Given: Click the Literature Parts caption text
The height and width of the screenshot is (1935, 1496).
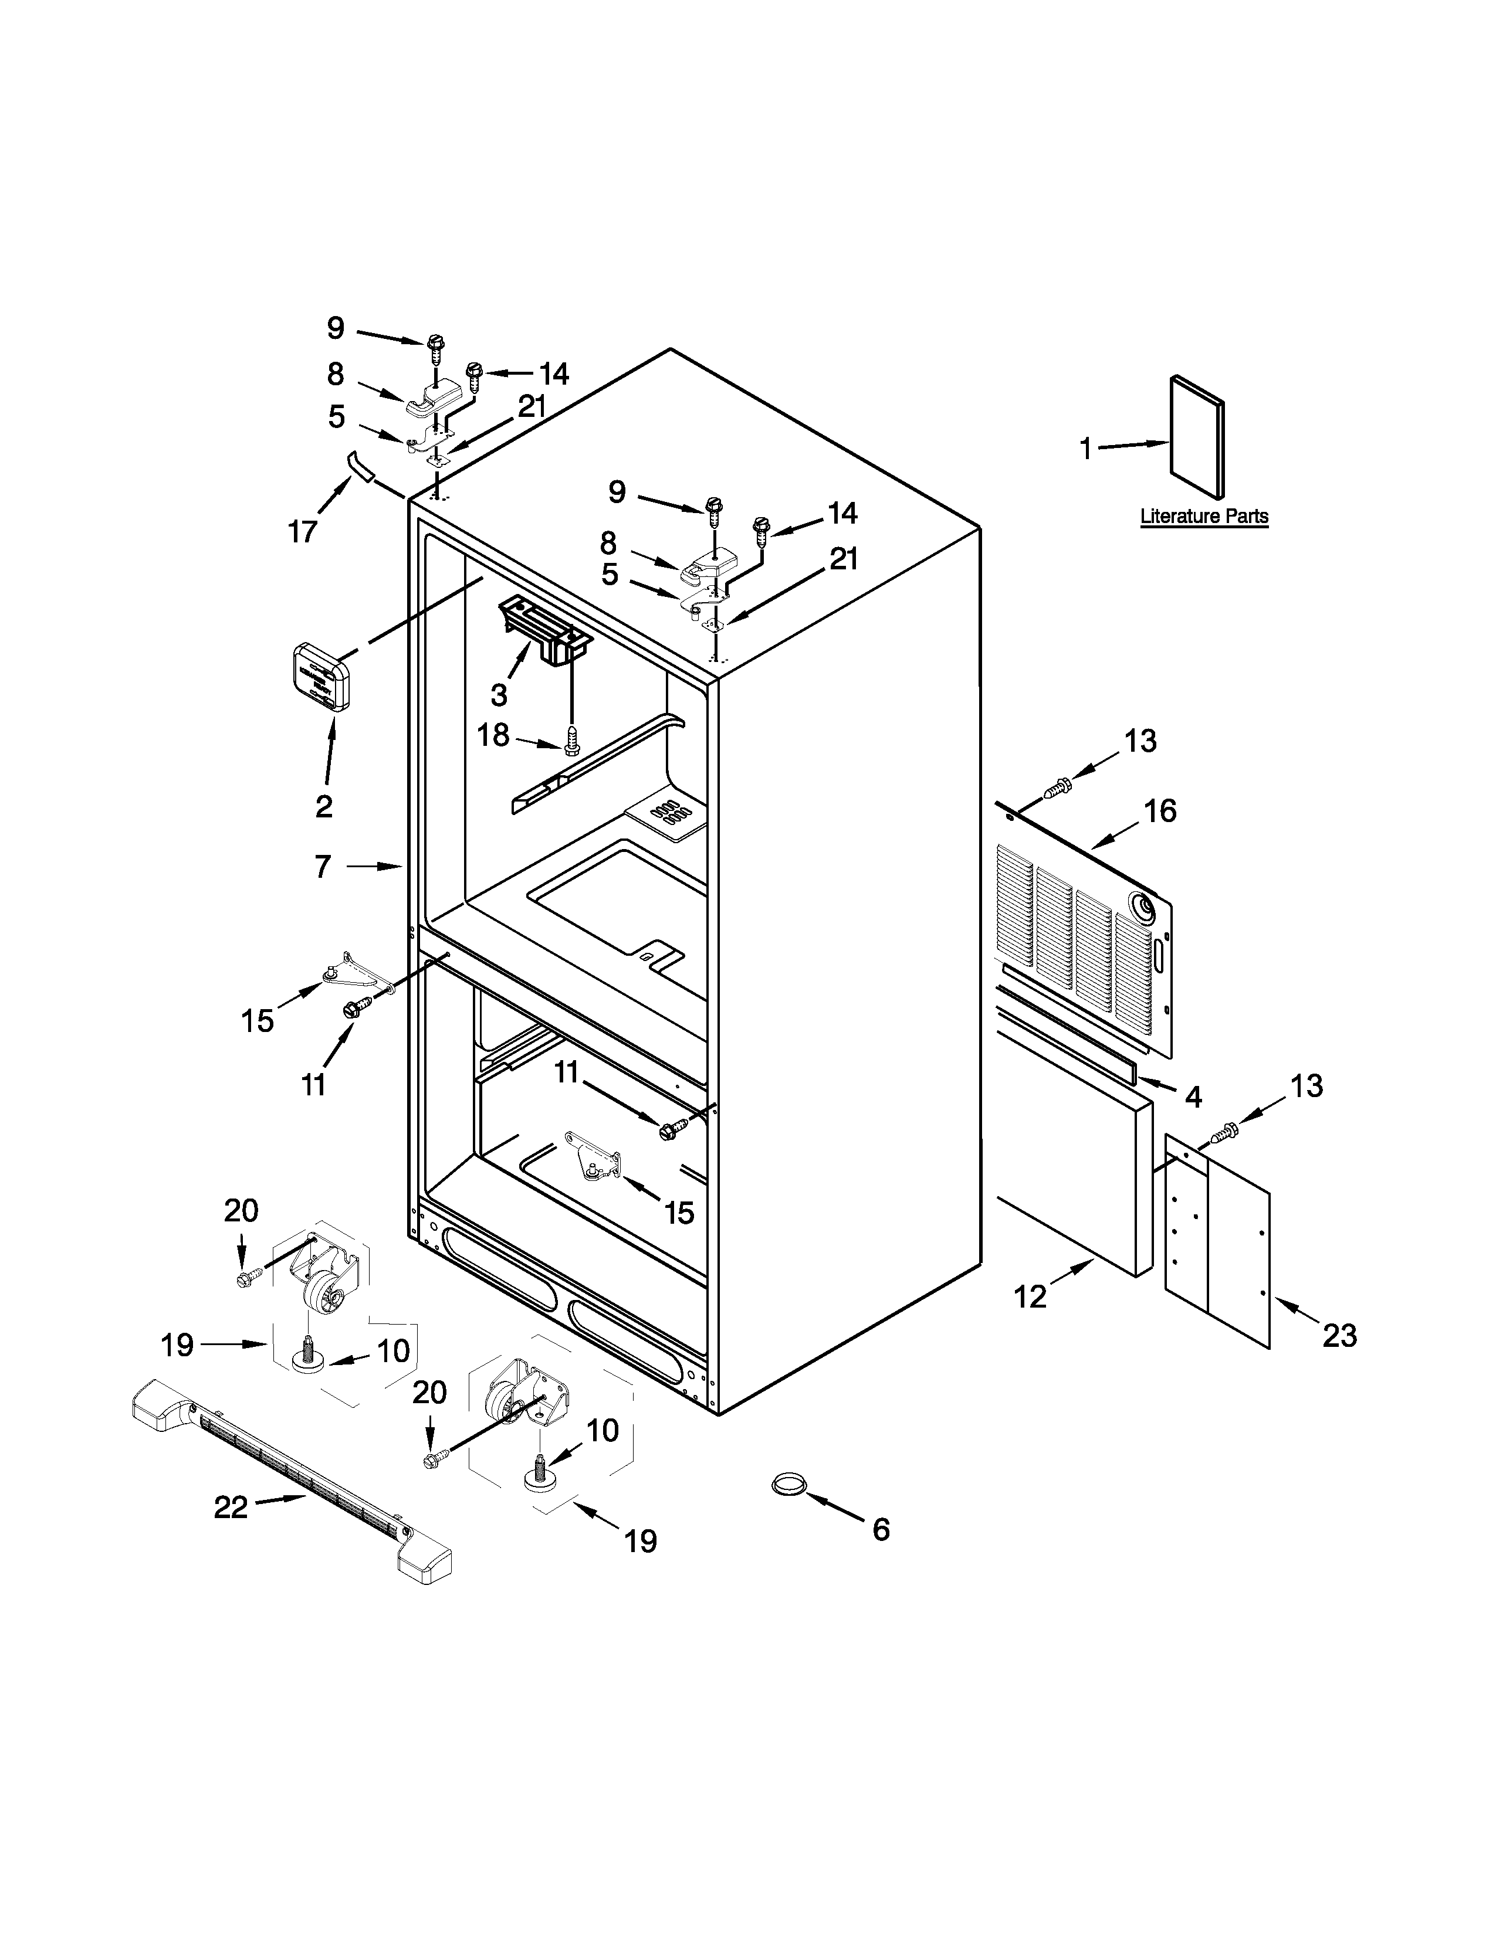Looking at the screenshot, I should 1203,515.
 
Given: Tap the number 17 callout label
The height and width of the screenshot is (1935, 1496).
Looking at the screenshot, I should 302,532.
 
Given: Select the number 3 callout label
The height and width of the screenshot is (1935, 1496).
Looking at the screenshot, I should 499,695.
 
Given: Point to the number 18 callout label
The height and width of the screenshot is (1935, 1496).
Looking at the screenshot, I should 493,735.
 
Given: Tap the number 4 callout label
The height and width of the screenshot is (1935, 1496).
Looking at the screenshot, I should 1193,1097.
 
